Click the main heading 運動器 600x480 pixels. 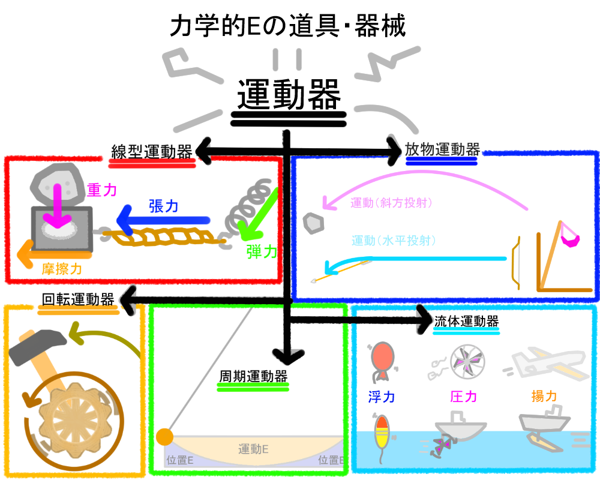289,95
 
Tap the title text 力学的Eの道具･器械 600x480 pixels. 288,26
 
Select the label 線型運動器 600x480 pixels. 152,151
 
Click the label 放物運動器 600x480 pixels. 442,149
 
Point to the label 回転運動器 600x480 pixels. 78,299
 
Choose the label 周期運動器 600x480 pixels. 253,377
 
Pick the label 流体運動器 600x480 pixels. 466,320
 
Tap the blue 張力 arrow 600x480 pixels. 162,221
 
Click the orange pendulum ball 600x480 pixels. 164,437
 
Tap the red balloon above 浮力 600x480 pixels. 382,359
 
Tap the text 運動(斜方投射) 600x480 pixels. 392,203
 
